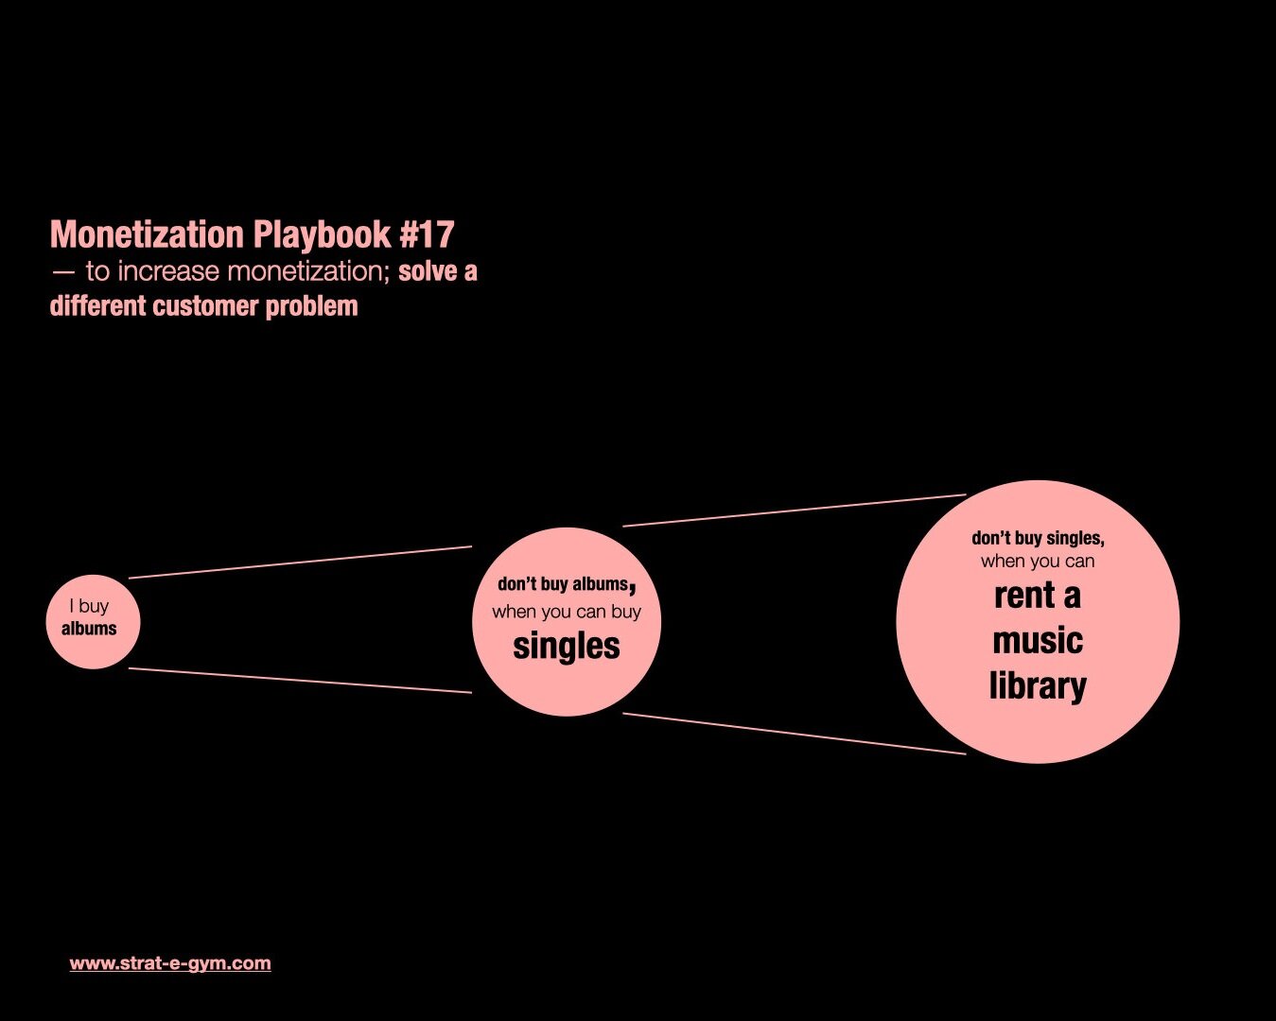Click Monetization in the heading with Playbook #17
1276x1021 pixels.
[x=147, y=234]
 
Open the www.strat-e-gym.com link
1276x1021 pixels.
[x=170, y=963]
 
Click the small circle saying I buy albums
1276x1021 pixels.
[x=93, y=621]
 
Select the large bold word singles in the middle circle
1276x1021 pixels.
[x=566, y=647]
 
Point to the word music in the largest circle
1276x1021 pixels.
[x=1038, y=641]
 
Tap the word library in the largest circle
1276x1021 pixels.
[x=1038, y=685]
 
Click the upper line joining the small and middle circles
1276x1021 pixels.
[x=300, y=562]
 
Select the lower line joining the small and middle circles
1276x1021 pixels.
[x=300, y=681]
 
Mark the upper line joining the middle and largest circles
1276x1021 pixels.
[x=794, y=510]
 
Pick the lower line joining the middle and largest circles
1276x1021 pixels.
[x=794, y=734]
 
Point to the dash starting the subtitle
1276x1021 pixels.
[x=63, y=272]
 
